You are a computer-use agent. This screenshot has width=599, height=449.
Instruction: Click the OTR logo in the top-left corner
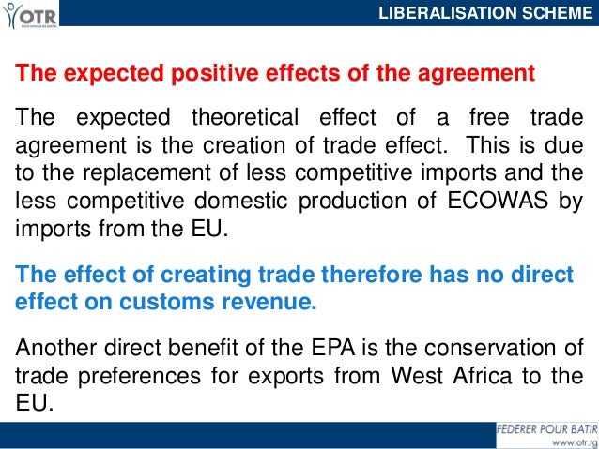tap(29, 14)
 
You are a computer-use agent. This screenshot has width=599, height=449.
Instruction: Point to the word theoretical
tap(247, 119)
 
